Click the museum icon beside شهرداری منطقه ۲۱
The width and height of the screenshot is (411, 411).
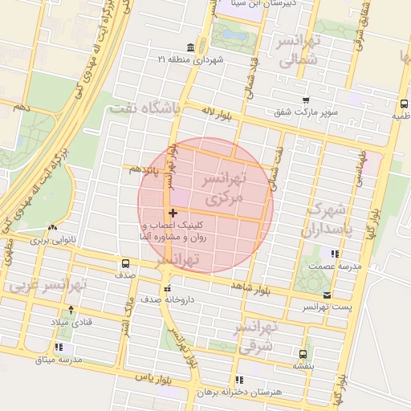[x=189, y=47]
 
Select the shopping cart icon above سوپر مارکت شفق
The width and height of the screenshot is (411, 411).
[x=306, y=100]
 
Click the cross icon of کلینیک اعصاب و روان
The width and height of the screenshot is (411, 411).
[x=173, y=213]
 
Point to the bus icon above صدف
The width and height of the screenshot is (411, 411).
[x=124, y=263]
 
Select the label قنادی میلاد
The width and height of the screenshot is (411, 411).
[x=71, y=321]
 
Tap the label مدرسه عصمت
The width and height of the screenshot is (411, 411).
[x=333, y=266]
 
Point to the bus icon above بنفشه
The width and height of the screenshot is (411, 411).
[x=303, y=353]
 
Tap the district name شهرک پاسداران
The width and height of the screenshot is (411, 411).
[x=325, y=220]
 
